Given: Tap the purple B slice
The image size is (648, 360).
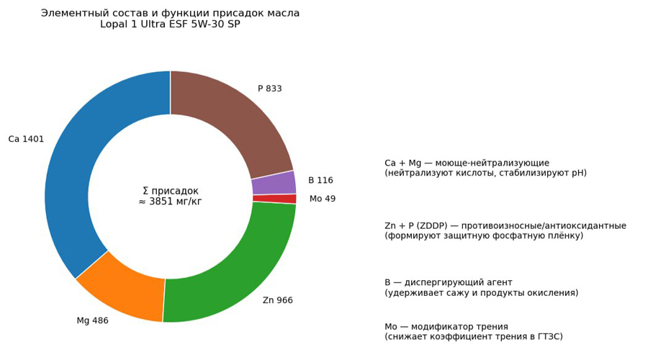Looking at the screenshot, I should (274, 183).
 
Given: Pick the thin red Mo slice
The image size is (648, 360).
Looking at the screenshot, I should (274, 199).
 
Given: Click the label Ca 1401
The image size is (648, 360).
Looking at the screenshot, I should (26, 140).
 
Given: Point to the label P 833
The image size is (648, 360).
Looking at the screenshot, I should (270, 89).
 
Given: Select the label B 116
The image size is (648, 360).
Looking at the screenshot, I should (320, 181).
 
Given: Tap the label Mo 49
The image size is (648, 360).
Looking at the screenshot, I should (322, 199).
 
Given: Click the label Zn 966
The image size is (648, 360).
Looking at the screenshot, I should (277, 301).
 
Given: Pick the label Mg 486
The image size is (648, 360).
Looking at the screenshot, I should (92, 321).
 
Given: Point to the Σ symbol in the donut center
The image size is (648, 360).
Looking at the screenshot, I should (145, 192).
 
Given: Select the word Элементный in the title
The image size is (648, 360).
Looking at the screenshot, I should (72, 14).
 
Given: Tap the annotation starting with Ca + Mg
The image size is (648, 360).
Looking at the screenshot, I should (487, 163).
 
